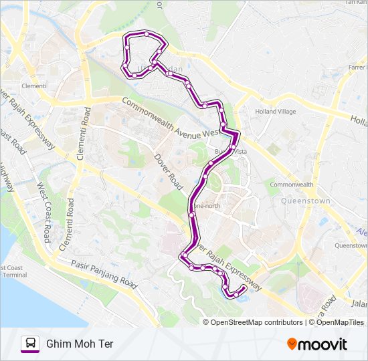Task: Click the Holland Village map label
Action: [275, 112]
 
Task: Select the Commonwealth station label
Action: [292, 185]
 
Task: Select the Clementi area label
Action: [33, 86]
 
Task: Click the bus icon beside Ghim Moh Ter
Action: [30, 344]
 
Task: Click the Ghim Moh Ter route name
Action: [80, 344]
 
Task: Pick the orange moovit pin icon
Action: [292, 344]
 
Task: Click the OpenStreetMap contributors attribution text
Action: [256, 322]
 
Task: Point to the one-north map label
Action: [208, 206]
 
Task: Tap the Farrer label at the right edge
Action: [357, 67]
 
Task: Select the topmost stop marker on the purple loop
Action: [147, 33]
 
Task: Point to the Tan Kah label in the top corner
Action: [355, 3]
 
